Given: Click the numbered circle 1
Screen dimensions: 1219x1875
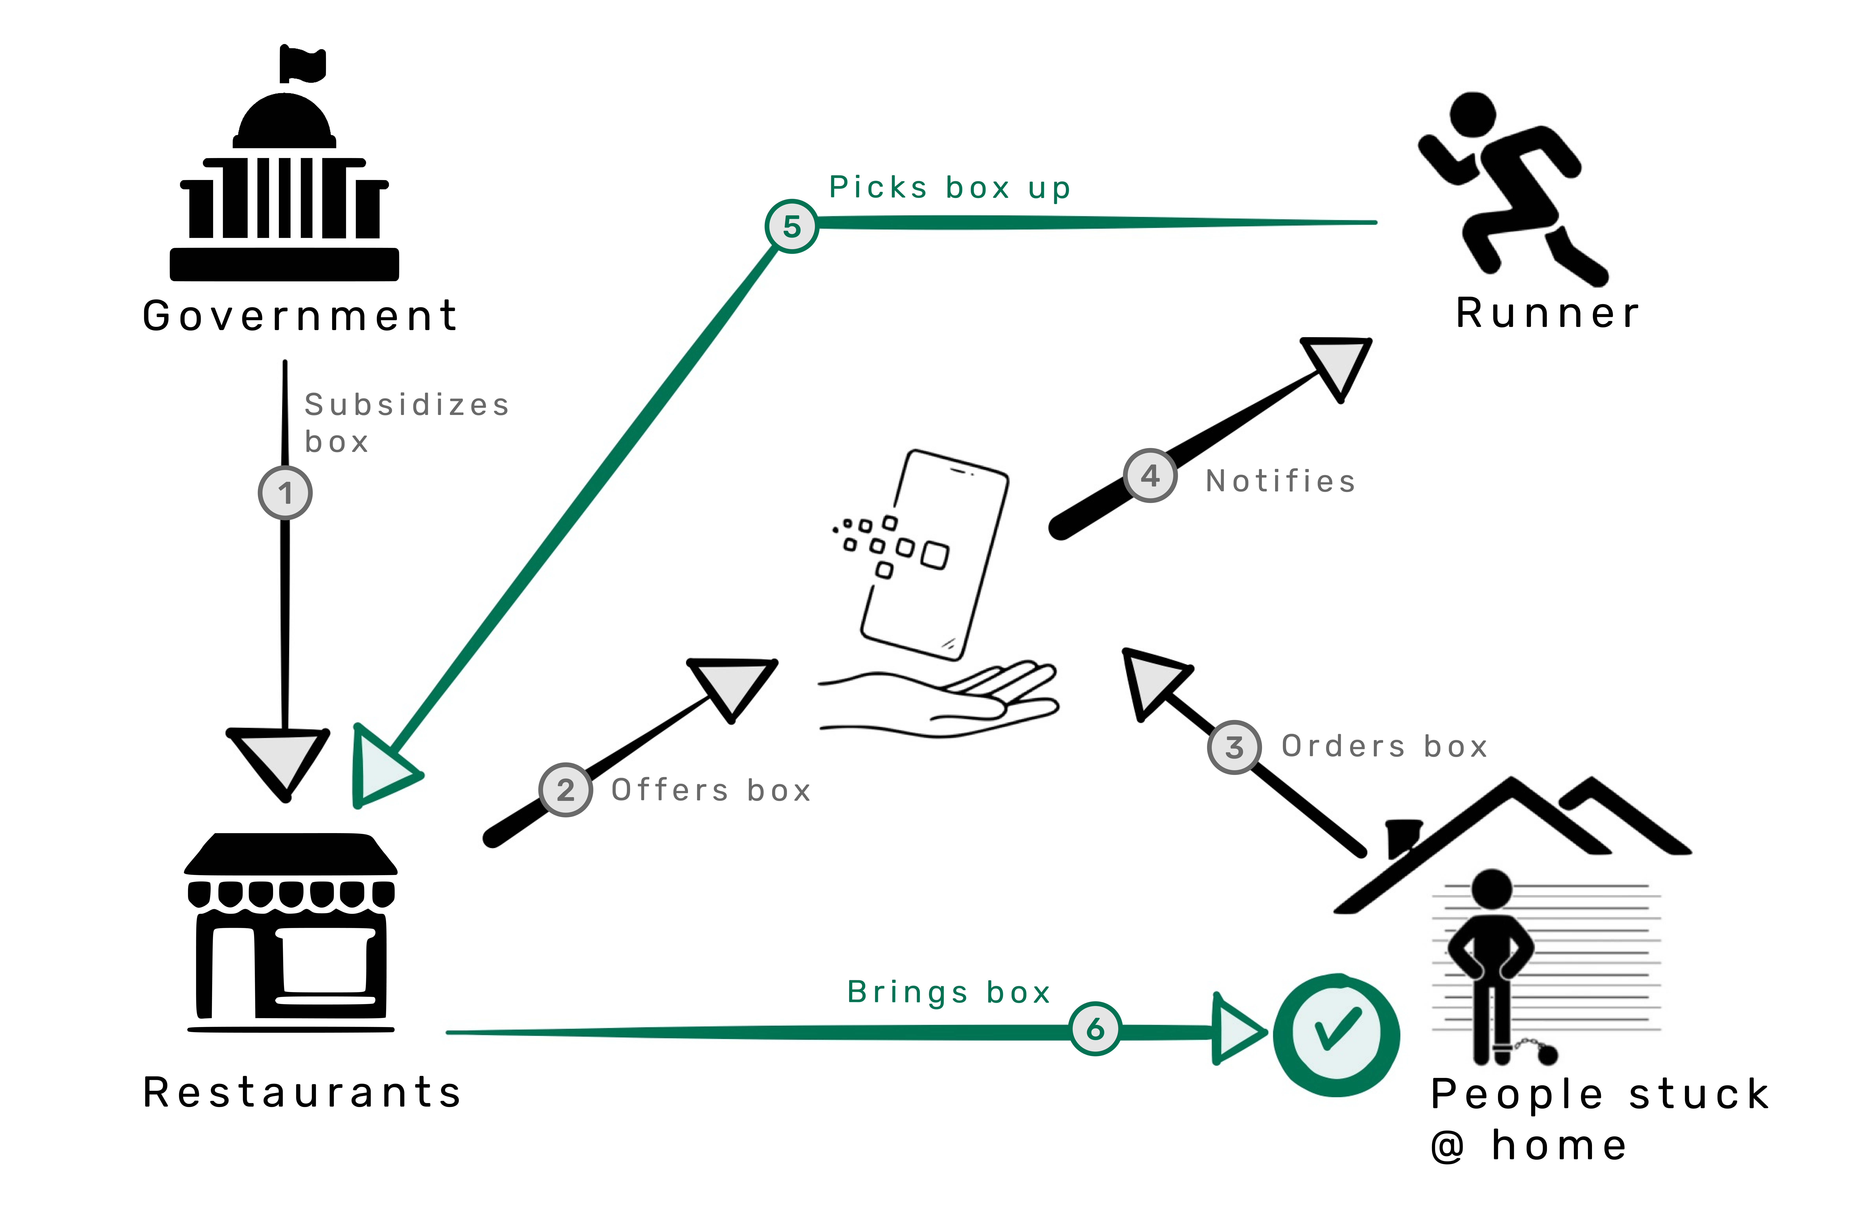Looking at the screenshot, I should pyautogui.click(x=285, y=493).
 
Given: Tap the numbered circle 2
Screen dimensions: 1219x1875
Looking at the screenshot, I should pyautogui.click(x=566, y=789).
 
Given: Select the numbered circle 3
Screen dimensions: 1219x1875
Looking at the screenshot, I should pyautogui.click(x=1234, y=747).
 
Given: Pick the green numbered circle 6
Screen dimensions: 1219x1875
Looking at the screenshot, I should pyautogui.click(x=1095, y=1028).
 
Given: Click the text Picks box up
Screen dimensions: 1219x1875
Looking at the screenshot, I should pyautogui.click(x=949, y=187).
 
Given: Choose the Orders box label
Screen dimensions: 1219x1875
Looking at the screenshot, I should pyautogui.click(x=1384, y=746).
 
